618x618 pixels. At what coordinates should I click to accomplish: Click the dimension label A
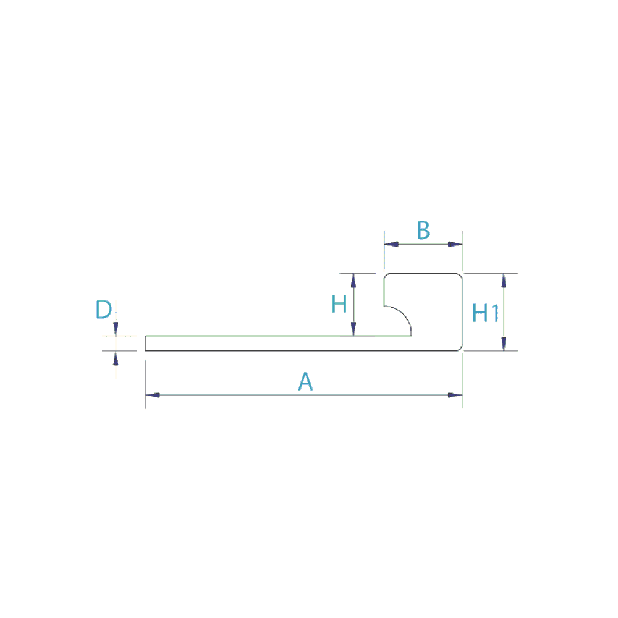(305, 381)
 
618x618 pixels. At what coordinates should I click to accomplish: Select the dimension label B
(423, 230)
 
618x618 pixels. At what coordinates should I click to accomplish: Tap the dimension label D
(104, 309)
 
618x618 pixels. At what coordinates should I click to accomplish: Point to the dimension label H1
(486, 313)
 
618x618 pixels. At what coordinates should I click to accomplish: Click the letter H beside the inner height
(339, 304)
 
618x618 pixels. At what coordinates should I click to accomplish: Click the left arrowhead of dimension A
(153, 395)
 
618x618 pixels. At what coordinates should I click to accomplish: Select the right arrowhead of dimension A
(455, 395)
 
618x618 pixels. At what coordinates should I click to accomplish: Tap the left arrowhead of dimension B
(391, 244)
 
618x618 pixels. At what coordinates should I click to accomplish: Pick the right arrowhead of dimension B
(455, 244)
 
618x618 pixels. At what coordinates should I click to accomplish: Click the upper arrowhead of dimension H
(353, 281)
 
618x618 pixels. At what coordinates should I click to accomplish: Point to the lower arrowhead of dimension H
(353, 329)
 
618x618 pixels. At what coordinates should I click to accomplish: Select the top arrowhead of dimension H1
(504, 281)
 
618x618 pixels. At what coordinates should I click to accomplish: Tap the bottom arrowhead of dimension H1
(504, 343)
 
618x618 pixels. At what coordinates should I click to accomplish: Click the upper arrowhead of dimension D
(116, 329)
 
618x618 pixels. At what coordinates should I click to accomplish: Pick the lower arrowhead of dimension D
(116, 358)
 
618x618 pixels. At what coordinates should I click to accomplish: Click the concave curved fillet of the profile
(404, 315)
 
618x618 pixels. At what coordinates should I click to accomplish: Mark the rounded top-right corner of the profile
(460, 275)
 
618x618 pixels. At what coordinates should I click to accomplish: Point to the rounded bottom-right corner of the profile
(460, 349)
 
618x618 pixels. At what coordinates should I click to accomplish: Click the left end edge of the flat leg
(145, 343)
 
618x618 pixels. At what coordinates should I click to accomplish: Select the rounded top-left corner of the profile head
(386, 275)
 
